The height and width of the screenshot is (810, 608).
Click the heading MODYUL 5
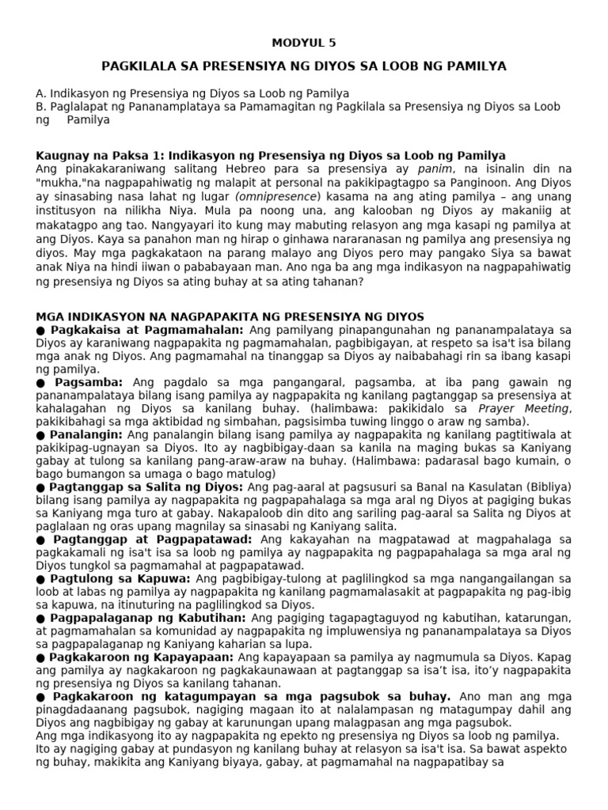[x=304, y=43]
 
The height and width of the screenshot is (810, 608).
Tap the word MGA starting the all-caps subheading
[x=50, y=316]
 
